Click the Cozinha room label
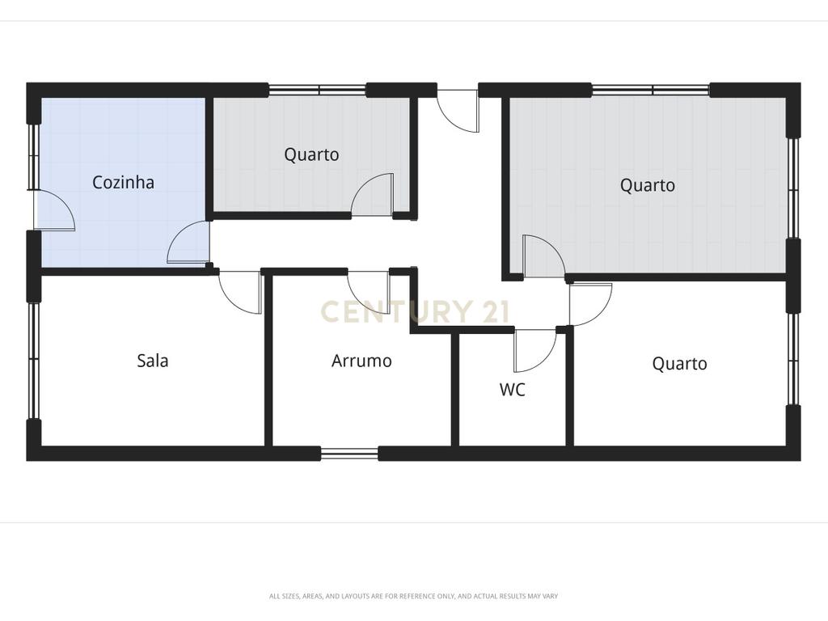point(123,182)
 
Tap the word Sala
point(153,361)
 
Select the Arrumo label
point(361,361)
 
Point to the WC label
point(512,390)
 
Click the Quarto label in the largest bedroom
point(648,185)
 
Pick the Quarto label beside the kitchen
point(311,154)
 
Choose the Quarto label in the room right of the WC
point(679,364)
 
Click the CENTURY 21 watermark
point(415,311)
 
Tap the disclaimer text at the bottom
point(413,596)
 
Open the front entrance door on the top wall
point(458,109)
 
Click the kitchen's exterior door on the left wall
point(54,210)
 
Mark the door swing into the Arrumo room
point(369,292)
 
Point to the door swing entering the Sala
point(240,293)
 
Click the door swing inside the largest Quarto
point(543,256)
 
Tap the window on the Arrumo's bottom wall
point(349,454)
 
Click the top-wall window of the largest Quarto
point(650,90)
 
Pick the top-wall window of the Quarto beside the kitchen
point(317,90)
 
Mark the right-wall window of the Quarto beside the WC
point(792,360)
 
